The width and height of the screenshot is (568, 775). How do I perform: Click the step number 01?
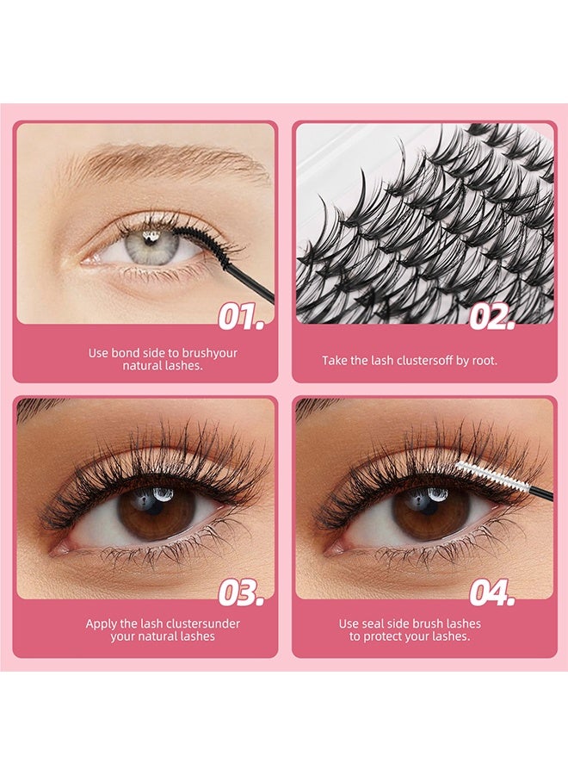240,316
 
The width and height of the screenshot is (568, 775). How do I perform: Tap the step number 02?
491,316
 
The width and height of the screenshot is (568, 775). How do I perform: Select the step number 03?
240,592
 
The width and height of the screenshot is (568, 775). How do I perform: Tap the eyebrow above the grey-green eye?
164,159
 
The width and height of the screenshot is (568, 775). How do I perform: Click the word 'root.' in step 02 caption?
485,361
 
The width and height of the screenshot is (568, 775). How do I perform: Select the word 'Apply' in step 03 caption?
100,623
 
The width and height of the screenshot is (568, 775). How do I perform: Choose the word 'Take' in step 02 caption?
334,361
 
